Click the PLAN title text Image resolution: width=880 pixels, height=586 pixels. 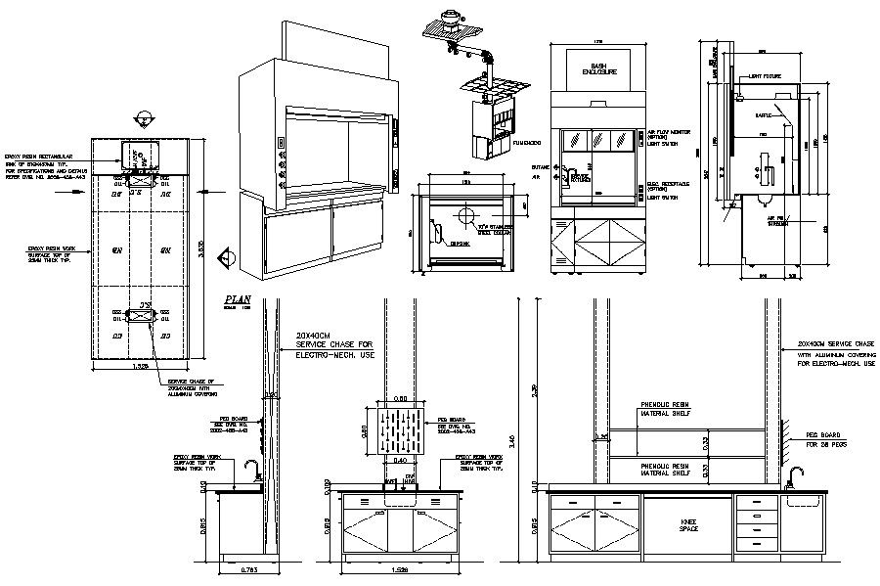tap(239, 299)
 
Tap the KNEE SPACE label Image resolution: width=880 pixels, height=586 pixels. tap(688, 525)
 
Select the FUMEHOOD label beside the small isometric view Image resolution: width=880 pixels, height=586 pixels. tap(527, 143)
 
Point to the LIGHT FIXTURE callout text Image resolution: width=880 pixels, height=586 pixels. tap(769, 75)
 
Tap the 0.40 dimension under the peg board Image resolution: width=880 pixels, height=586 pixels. tap(401, 459)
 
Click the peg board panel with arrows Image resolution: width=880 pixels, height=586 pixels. tap(400, 428)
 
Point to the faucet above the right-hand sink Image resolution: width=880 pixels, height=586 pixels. tap(796, 475)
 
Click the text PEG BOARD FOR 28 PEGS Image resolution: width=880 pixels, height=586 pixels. tap(823, 435)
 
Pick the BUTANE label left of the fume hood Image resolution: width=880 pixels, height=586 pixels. tap(537, 167)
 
